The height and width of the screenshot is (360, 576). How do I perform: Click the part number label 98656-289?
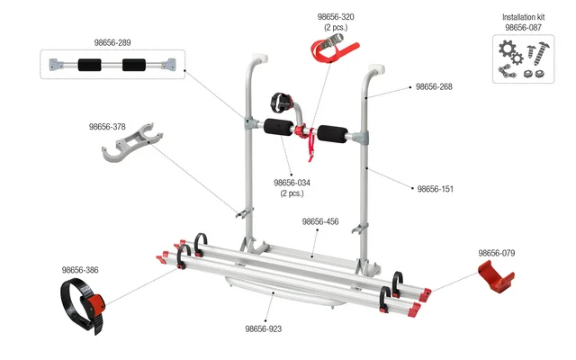[112, 41]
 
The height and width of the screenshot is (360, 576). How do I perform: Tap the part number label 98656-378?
[107, 127]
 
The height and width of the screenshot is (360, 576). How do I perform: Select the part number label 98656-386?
[80, 269]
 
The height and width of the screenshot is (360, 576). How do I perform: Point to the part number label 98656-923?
[264, 328]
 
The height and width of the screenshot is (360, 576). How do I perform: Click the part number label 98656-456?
[319, 221]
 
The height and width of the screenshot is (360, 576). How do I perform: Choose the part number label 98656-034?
[292, 183]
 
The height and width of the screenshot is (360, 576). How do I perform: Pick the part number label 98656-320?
[336, 17]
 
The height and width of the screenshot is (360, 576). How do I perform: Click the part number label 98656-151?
[436, 189]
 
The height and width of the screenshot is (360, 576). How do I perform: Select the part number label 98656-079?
[496, 253]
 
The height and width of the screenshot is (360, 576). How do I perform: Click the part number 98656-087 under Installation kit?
[523, 28]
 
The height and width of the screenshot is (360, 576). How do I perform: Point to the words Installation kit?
[523, 17]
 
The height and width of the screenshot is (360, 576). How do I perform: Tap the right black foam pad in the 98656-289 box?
[135, 66]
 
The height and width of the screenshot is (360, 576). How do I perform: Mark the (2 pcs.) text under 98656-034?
[292, 193]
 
